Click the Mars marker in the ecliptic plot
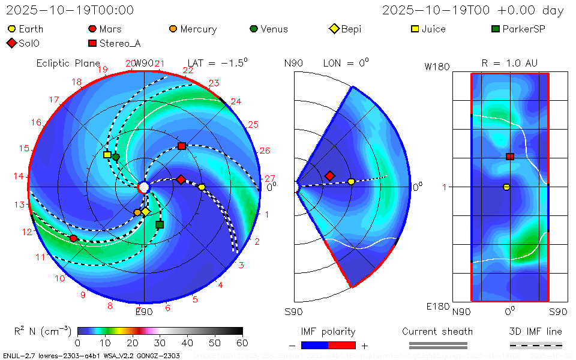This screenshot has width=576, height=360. pos(73,238)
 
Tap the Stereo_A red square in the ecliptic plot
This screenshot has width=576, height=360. pos(182,146)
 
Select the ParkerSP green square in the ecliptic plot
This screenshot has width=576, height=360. pos(160,225)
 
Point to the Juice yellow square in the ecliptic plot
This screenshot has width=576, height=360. pos(107,155)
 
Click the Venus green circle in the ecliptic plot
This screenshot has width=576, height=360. pos(116,157)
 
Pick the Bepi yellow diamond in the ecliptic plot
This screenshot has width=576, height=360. pos(145,212)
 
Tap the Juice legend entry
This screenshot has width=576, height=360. pos(428,29)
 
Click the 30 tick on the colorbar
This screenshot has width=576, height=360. pos(160,343)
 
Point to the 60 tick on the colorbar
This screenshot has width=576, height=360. pos(242,343)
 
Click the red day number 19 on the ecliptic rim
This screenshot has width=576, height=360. pos(103,70)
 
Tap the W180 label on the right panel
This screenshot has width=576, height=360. pos(437,67)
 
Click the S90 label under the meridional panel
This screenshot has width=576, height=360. pos(293,311)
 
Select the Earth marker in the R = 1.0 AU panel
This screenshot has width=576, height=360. pos(506,187)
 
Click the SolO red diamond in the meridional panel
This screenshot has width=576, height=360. pos(329,176)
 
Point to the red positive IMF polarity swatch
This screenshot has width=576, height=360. pos(342,345)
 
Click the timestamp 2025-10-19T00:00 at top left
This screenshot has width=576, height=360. pos(70,11)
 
